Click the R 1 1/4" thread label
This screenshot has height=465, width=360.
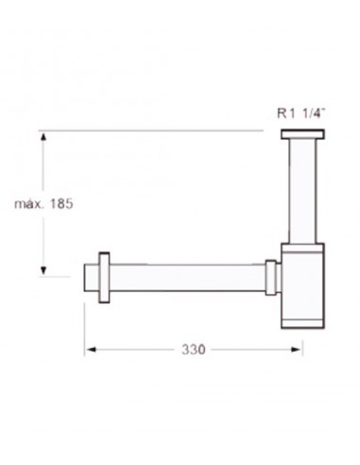301,111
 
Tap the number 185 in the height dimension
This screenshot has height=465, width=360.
60,202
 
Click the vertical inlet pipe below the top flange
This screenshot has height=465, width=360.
301,189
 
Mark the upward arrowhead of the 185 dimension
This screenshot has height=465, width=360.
43,138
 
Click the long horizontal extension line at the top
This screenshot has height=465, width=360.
151,129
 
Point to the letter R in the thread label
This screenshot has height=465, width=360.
282,111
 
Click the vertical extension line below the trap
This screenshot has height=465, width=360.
302,340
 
